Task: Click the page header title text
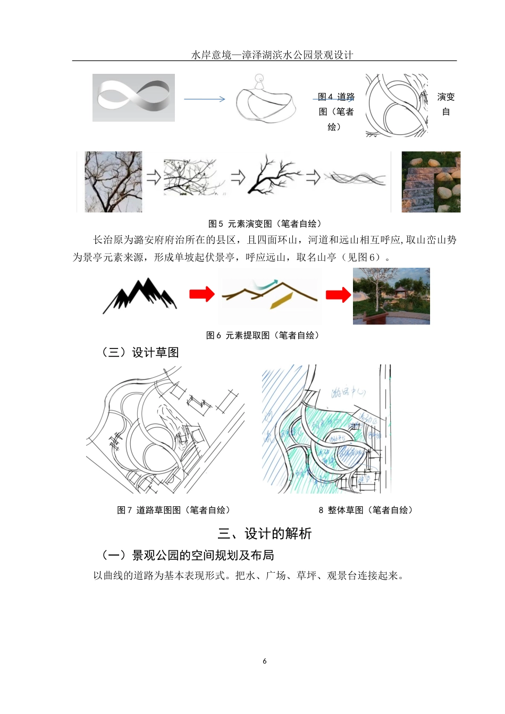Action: pos(272,55)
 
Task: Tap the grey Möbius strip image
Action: pos(133,98)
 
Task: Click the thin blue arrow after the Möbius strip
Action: pos(205,99)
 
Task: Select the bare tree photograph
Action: pos(113,182)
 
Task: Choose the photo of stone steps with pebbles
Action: pos(431,182)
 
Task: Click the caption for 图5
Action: pos(265,224)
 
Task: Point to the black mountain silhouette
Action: pos(140,295)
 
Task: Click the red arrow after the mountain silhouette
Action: pos(202,294)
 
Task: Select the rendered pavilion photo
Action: pos(391,296)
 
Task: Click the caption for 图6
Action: pos(263,335)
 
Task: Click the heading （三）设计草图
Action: pos(140,352)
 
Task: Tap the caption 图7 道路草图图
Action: pos(174,510)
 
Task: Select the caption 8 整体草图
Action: pos(366,510)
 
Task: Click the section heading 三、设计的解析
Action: pos(265,533)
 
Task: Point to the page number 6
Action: pos(265,661)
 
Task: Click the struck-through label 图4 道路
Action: pos(336,97)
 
